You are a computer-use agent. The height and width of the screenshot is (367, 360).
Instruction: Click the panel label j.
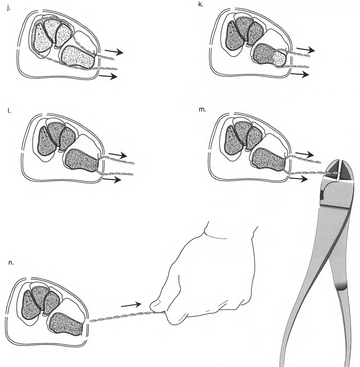click(x=9, y=9)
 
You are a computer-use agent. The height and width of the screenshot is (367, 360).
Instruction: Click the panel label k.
click(x=201, y=4)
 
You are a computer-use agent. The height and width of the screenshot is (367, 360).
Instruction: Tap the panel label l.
click(x=9, y=111)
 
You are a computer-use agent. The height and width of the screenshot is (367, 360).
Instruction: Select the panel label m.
click(x=202, y=109)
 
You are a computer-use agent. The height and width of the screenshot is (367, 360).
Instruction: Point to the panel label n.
click(x=11, y=262)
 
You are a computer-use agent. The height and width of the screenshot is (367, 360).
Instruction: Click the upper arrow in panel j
click(x=114, y=52)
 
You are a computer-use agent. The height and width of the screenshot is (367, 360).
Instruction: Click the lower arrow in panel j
click(x=108, y=76)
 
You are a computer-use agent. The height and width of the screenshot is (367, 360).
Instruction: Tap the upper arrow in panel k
click(x=305, y=49)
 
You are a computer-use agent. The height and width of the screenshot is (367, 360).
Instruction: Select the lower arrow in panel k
click(x=300, y=74)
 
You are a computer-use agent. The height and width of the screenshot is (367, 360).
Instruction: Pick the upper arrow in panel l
click(x=118, y=155)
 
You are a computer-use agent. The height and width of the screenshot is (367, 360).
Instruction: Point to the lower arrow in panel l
click(x=112, y=180)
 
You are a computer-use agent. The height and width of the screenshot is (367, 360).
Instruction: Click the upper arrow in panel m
click(x=305, y=154)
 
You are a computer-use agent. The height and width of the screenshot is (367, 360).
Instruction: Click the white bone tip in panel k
click(x=280, y=58)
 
